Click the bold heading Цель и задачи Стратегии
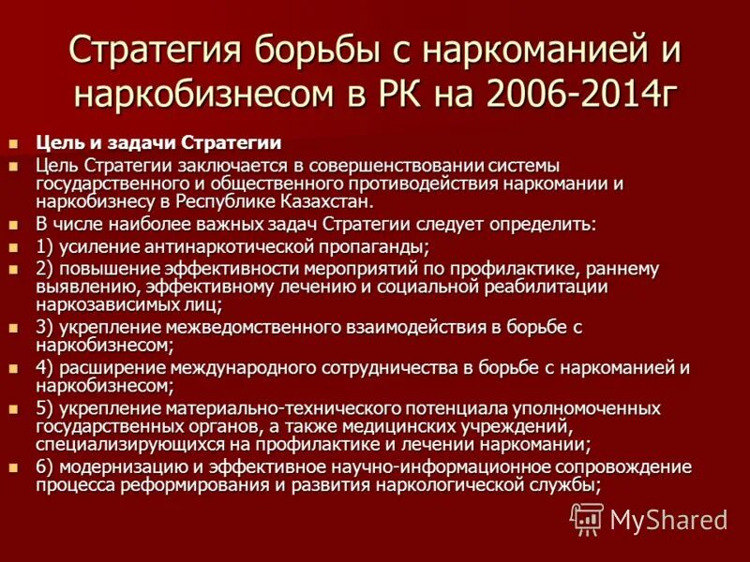pos(158,143)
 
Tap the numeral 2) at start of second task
pos(46,269)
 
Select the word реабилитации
pos(545,287)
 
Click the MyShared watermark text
pos(668,519)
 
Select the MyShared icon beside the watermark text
pos(587,518)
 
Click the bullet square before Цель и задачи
pos(13,144)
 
